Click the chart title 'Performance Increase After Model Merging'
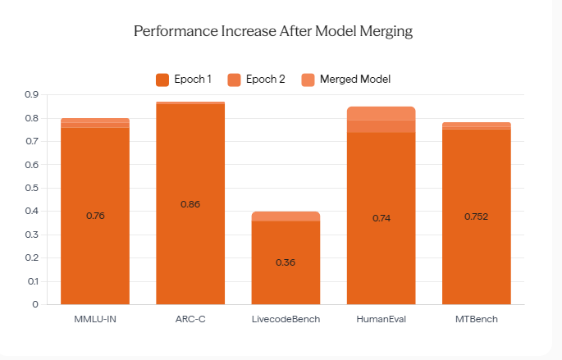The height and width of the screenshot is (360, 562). (x=273, y=31)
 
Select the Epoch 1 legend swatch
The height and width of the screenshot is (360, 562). (x=162, y=80)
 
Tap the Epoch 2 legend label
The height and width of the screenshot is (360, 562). (x=265, y=80)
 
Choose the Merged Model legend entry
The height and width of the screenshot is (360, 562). (x=346, y=80)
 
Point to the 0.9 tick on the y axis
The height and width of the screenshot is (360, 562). (x=31, y=94)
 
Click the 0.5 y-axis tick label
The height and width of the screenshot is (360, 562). (x=31, y=188)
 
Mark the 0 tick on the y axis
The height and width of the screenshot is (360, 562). (x=35, y=304)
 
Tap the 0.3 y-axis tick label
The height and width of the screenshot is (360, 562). (x=31, y=235)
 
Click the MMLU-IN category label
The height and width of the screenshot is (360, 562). (x=95, y=319)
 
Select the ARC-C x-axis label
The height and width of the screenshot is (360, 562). (x=190, y=319)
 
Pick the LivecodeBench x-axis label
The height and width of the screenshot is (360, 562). (x=286, y=319)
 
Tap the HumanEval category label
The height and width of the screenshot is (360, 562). (x=381, y=319)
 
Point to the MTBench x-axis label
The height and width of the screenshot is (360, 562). (x=477, y=319)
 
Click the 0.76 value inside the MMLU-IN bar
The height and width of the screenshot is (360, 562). (x=95, y=216)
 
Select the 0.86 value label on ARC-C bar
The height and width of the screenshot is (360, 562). (x=190, y=204)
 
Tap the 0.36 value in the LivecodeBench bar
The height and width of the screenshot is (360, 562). (x=286, y=262)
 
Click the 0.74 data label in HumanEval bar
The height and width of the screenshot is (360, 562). (x=382, y=218)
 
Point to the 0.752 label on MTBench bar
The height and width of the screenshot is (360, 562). (x=477, y=216)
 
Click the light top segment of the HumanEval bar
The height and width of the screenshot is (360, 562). (x=381, y=113)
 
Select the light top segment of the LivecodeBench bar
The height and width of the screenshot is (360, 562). (x=286, y=216)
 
